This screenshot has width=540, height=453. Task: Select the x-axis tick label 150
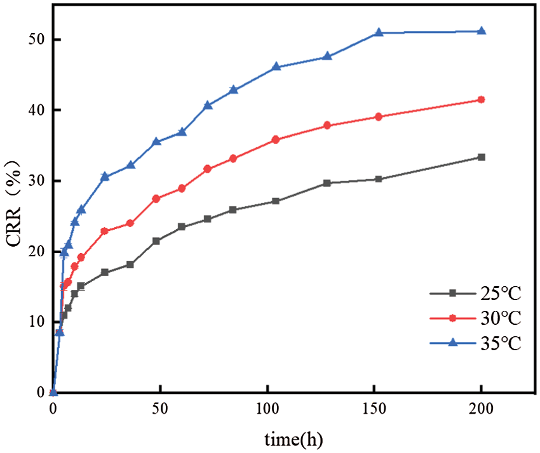click(374, 407)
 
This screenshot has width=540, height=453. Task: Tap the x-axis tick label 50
click(160, 407)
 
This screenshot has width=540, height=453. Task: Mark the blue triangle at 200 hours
click(481, 31)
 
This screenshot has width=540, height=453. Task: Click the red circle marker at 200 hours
click(481, 100)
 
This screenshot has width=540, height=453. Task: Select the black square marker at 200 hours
click(481, 157)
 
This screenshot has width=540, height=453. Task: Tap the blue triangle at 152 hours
click(379, 32)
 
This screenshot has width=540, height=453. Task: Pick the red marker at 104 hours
click(276, 140)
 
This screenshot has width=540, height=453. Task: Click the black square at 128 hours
click(327, 183)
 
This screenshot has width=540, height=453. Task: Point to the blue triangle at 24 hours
click(105, 176)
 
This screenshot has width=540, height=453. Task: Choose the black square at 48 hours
click(156, 241)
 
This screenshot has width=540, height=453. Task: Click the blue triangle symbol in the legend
click(453, 343)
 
